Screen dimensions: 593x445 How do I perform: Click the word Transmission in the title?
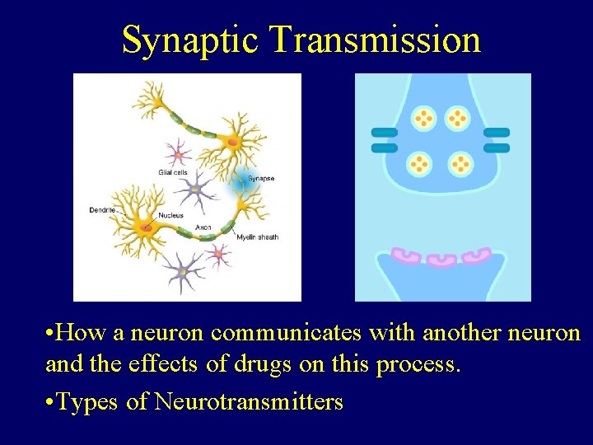(x=375, y=40)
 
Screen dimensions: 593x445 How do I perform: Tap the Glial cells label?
(x=173, y=171)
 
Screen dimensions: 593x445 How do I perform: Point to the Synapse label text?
(x=261, y=178)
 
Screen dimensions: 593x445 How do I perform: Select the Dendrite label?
(x=102, y=210)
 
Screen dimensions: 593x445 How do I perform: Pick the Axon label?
(x=203, y=227)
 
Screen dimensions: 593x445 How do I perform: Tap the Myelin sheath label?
(x=258, y=237)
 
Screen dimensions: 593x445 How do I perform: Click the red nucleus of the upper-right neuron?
(x=233, y=142)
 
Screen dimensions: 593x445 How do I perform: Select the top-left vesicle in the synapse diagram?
(x=424, y=119)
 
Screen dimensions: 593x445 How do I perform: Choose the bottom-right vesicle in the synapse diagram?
(x=460, y=164)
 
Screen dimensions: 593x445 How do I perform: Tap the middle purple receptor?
(x=442, y=260)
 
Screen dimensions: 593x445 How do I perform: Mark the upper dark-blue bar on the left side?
(x=385, y=132)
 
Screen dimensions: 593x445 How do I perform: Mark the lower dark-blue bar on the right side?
(x=497, y=148)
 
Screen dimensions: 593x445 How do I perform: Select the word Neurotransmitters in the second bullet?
(x=249, y=402)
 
